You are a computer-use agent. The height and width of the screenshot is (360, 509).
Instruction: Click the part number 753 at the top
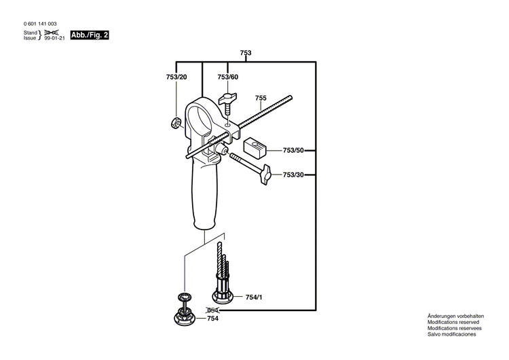tap(246, 53)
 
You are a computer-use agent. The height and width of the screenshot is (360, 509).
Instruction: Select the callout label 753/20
tap(176, 77)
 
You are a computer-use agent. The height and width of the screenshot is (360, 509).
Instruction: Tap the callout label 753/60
tap(227, 77)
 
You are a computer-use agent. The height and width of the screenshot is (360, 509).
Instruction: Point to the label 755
tap(261, 98)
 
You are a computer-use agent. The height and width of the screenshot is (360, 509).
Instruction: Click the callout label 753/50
tap(293, 149)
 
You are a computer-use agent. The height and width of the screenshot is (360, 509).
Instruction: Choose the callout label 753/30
tap(293, 175)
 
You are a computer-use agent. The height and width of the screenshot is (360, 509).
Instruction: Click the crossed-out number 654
tap(213, 309)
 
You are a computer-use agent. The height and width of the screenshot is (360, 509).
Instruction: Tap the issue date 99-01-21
tap(54, 39)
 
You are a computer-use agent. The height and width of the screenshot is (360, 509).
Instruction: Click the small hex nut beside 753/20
tap(174, 123)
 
